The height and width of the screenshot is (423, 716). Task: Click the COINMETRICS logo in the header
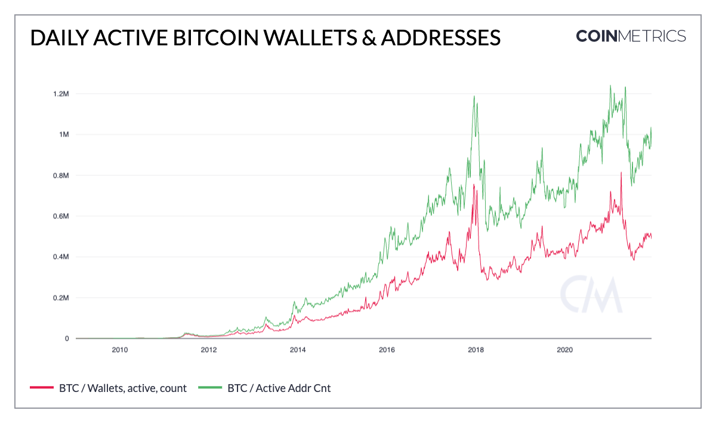click(x=631, y=36)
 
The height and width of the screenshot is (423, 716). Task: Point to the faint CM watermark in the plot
click(x=591, y=294)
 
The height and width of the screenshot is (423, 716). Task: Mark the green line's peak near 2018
click(x=474, y=96)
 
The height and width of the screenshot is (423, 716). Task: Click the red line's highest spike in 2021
click(x=621, y=172)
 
